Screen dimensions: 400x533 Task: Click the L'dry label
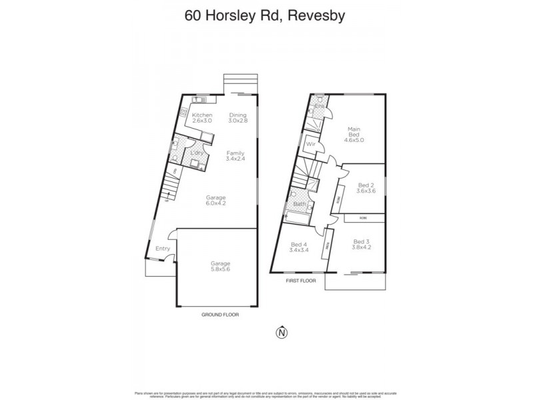point(197,153)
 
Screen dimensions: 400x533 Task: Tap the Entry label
point(163,249)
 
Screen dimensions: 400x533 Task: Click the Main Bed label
point(354,132)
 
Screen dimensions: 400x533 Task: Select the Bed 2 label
point(366,185)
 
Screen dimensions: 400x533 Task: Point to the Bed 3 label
point(360,241)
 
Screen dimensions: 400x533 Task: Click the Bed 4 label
point(298,245)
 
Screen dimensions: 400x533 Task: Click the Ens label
point(319,106)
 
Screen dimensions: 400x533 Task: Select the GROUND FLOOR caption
point(220,313)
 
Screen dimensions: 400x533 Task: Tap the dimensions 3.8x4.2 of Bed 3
point(360,247)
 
